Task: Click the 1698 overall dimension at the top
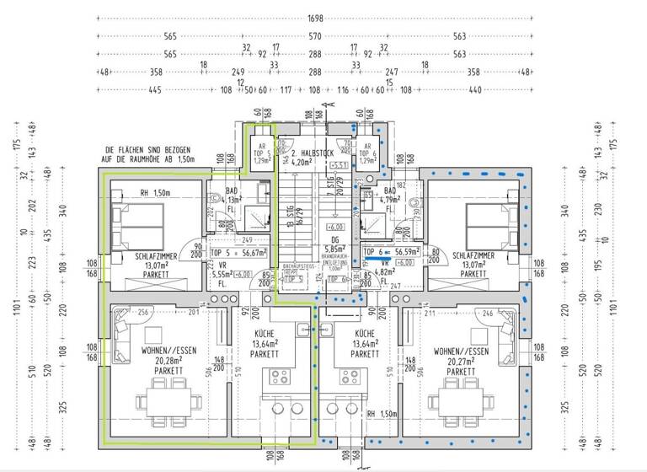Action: click(315, 18)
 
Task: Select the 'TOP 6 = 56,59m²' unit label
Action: click(393, 251)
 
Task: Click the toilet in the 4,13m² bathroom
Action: click(210, 197)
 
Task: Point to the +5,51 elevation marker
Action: click(340, 164)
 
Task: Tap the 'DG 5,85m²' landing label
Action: click(335, 244)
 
